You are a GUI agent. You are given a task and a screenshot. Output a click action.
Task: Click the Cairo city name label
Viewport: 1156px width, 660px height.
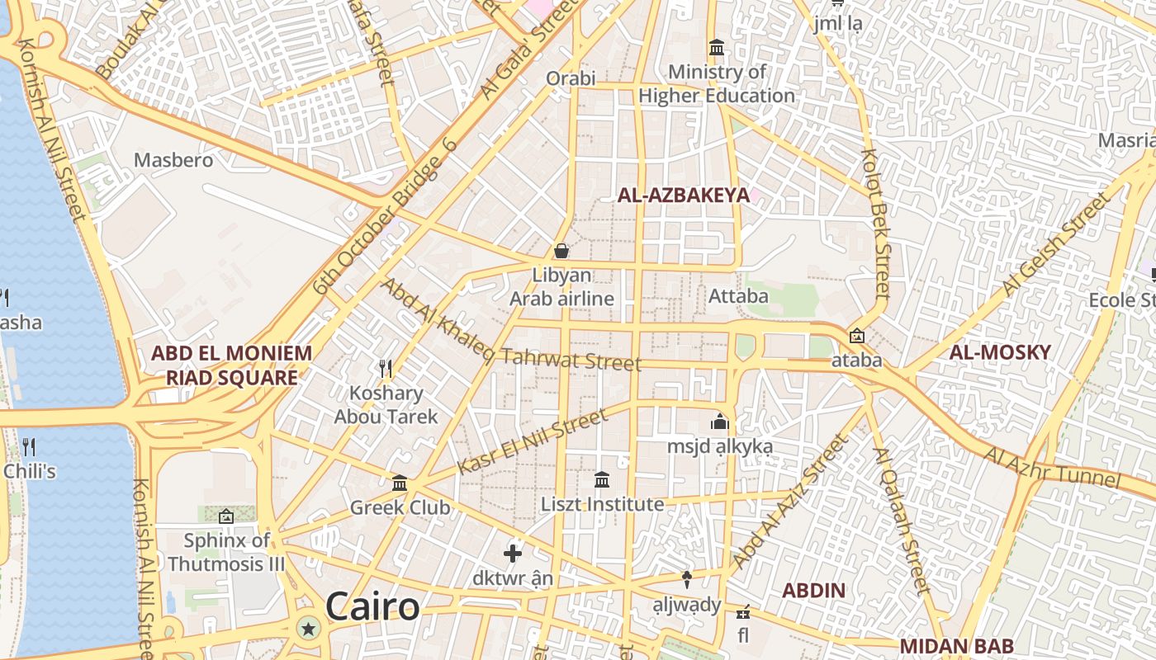click(x=372, y=607)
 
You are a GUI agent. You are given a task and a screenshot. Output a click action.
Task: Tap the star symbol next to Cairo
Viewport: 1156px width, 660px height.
click(x=309, y=629)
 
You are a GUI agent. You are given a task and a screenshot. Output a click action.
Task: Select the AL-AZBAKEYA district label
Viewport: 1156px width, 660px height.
click(x=684, y=196)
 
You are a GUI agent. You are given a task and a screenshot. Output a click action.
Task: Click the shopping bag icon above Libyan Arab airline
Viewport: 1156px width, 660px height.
click(x=561, y=251)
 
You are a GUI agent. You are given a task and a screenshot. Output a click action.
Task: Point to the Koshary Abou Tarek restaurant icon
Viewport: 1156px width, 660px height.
click(x=385, y=368)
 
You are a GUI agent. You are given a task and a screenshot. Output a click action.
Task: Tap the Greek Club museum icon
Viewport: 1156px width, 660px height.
click(x=400, y=483)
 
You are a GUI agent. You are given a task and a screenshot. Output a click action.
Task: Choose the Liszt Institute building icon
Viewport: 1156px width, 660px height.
click(x=602, y=479)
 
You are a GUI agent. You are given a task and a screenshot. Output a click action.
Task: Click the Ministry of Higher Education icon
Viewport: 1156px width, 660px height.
click(x=717, y=47)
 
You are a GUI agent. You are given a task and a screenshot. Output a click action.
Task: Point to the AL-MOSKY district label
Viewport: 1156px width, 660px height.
click(x=1000, y=352)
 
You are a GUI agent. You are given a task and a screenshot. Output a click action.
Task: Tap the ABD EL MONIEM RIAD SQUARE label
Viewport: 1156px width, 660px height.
click(x=231, y=365)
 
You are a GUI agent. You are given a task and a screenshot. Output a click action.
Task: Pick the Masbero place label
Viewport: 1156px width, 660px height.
click(x=173, y=160)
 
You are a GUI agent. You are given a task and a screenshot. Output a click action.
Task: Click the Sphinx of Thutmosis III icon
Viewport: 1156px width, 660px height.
click(x=226, y=517)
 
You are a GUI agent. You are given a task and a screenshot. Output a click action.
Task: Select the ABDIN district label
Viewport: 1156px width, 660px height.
click(x=813, y=590)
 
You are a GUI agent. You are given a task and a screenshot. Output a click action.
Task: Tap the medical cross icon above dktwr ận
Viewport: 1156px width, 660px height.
click(x=513, y=554)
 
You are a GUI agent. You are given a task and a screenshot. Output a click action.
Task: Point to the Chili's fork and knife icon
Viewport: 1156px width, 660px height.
click(x=29, y=447)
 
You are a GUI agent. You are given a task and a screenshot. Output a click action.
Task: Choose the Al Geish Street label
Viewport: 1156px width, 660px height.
click(x=1057, y=244)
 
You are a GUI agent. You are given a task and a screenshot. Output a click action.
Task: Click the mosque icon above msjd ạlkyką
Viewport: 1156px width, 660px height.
click(x=720, y=422)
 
